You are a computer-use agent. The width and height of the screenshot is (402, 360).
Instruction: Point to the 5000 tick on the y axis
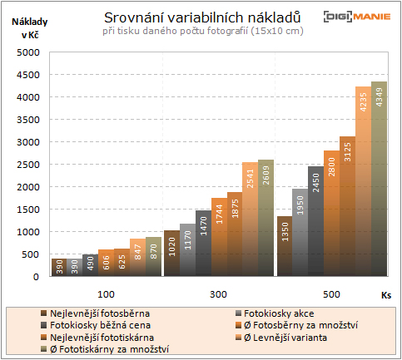(28, 52)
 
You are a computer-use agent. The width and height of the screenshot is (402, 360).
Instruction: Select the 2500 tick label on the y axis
(28, 165)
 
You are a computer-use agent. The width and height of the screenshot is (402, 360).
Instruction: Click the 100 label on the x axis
(107, 294)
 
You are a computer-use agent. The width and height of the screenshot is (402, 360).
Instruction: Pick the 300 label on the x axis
(220, 294)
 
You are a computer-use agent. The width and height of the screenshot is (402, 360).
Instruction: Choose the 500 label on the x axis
(332, 294)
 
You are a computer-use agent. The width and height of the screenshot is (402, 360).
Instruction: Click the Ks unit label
(386, 294)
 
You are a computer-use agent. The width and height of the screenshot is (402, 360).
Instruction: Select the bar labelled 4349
(379, 179)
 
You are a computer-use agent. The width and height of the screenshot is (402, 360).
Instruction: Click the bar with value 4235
(363, 181)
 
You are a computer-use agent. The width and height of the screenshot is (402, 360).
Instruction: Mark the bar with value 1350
(284, 246)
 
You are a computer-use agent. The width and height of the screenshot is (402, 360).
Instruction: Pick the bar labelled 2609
(266, 218)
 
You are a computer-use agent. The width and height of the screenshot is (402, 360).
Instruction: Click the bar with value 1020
(171, 253)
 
